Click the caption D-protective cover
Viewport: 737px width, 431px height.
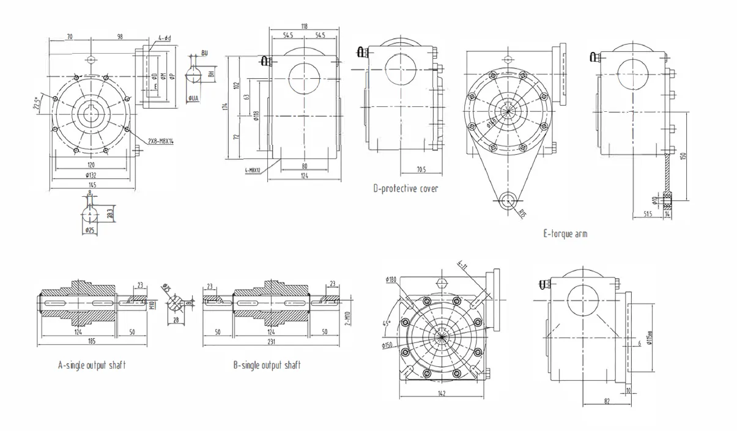pyautogui.click(x=406, y=188)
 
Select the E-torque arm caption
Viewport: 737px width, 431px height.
pyautogui.click(x=565, y=234)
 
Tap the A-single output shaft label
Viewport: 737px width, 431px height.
pyautogui.click(x=92, y=365)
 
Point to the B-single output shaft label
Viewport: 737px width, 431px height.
pyautogui.click(x=267, y=365)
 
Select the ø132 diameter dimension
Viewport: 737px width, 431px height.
pyautogui.click(x=91, y=175)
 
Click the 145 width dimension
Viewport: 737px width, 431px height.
pyautogui.click(x=91, y=185)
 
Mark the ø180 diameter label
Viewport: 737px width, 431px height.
pyautogui.click(x=391, y=280)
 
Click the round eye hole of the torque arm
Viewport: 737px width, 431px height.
pyautogui.click(x=507, y=200)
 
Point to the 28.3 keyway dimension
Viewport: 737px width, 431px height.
pyautogui.click(x=110, y=215)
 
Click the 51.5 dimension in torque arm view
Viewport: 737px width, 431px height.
pyautogui.click(x=648, y=214)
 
